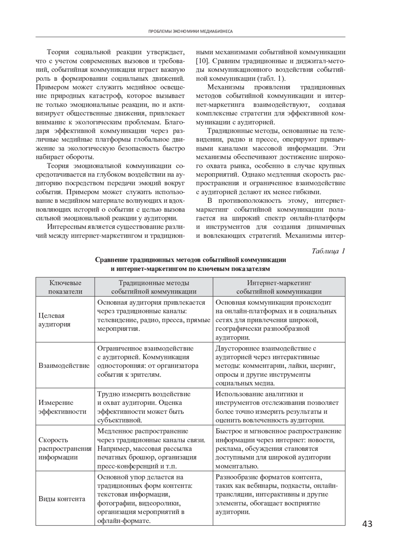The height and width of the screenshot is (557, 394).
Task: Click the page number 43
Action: (x=367, y=524)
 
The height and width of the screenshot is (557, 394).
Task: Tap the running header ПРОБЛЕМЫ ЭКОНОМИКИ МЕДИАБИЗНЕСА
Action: (x=190, y=31)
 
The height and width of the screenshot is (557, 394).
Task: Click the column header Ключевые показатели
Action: (x=65, y=287)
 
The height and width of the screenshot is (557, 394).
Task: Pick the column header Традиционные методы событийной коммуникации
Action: (x=154, y=287)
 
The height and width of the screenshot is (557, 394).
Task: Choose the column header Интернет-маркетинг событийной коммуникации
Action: (x=279, y=287)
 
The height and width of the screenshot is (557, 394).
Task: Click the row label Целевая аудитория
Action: (x=55, y=320)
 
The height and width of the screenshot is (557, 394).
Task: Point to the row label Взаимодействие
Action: (x=64, y=365)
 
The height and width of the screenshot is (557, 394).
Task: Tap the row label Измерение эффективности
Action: (x=62, y=407)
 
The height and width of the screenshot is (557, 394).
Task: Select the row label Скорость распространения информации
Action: (x=65, y=448)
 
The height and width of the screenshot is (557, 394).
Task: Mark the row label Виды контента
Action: (x=62, y=499)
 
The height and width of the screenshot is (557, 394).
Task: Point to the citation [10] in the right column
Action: (x=201, y=61)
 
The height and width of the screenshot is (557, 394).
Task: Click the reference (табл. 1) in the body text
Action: (x=271, y=78)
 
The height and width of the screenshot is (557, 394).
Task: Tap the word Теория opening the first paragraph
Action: (x=57, y=52)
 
